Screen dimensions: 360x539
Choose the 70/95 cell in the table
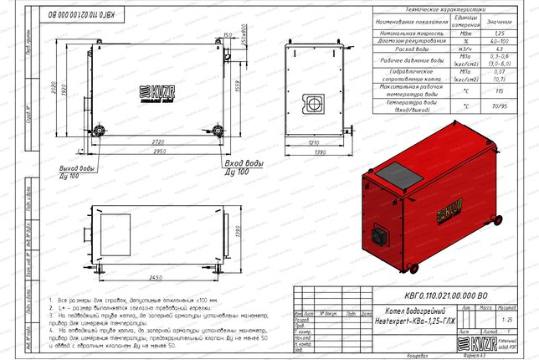point(499,108)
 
